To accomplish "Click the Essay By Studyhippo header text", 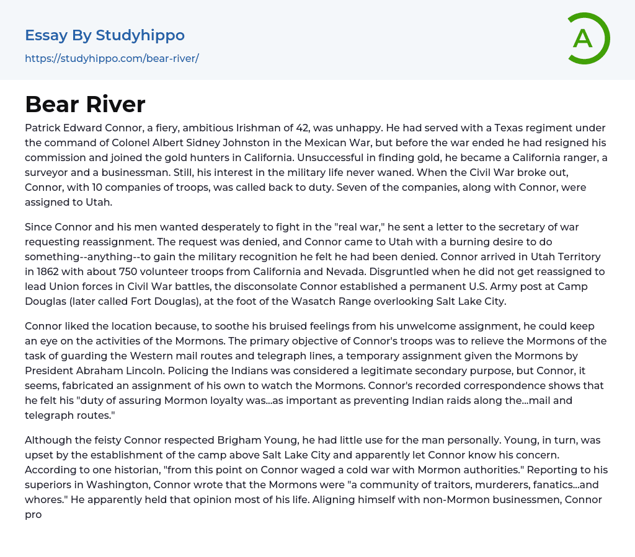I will click(105, 35).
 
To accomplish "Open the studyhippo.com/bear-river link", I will click(112, 59).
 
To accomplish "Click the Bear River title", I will click(85, 104).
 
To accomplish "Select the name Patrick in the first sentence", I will click(42, 128).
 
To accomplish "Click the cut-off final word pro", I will click(33, 514).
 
